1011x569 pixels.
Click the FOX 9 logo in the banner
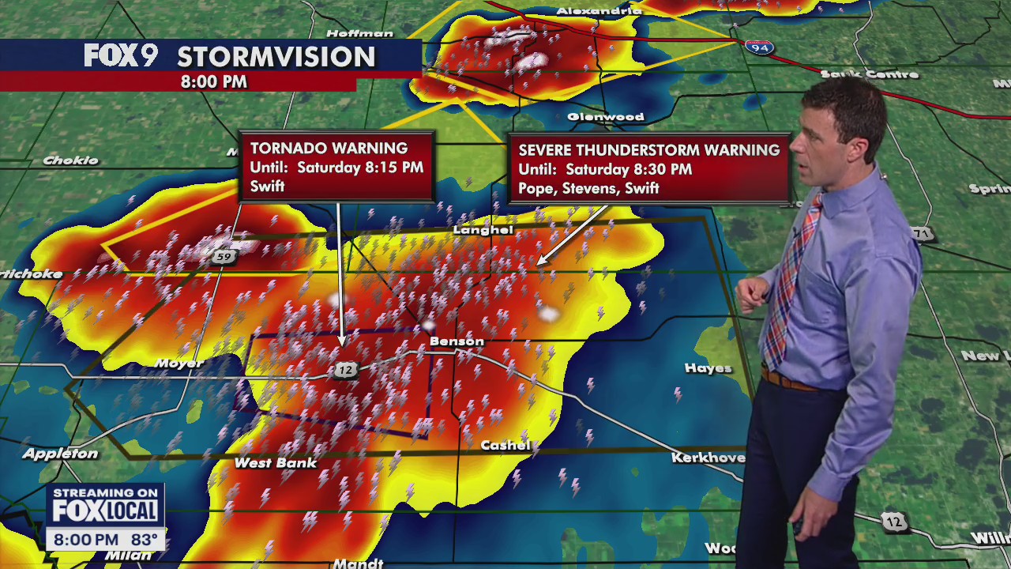120,56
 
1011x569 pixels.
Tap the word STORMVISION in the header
276,57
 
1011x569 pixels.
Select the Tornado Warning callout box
336,167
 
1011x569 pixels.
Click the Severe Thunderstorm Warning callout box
648,168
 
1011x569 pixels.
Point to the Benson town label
457,341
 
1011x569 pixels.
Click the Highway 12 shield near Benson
344,369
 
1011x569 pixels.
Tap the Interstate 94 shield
758,47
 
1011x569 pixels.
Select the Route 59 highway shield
224,256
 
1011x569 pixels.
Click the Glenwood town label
606,117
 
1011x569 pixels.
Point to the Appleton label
60,454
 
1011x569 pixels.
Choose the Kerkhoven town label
708,458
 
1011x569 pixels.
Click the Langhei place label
483,230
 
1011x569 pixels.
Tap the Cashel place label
505,446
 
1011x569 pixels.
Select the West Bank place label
276,463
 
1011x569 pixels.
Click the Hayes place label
708,368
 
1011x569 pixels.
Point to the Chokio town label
70,160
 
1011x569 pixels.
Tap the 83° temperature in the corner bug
144,540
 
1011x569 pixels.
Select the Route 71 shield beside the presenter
922,234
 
